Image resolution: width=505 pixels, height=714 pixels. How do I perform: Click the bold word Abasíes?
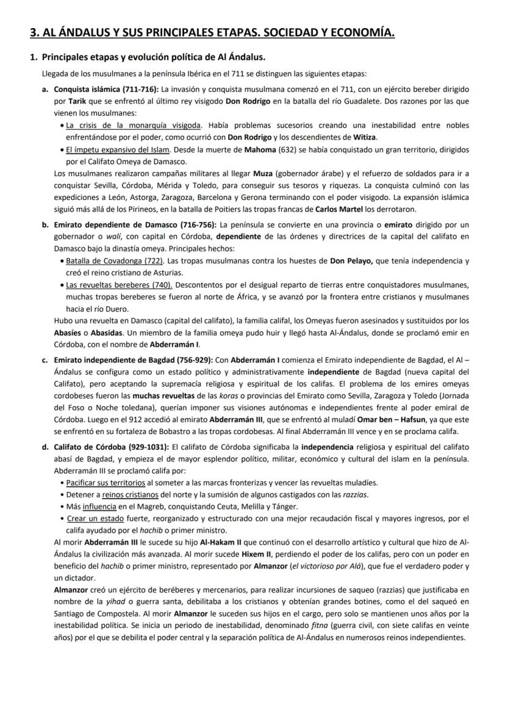pyautogui.click(x=68, y=332)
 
